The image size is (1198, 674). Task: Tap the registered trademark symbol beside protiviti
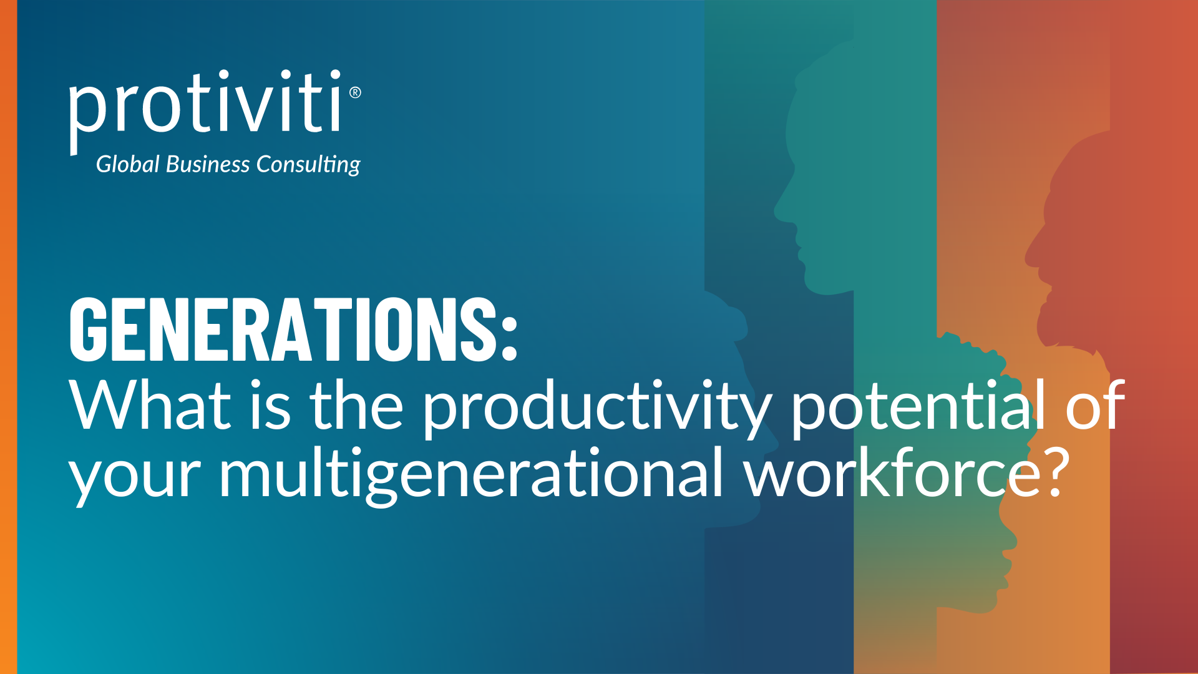(x=355, y=92)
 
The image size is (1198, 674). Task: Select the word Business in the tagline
(x=208, y=164)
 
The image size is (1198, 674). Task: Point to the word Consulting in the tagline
(x=308, y=165)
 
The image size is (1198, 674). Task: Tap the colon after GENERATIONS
(x=509, y=338)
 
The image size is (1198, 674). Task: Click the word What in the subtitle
(x=150, y=406)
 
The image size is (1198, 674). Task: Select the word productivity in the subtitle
(x=597, y=409)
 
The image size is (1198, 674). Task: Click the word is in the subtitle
(x=270, y=406)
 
